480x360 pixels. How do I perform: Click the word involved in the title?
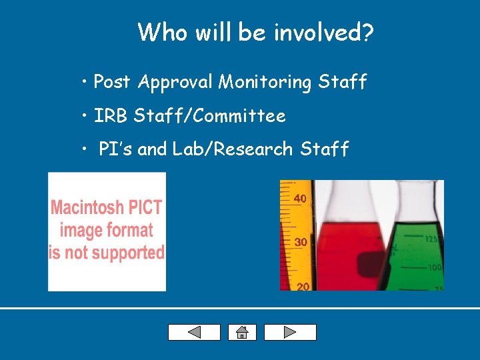[319, 32]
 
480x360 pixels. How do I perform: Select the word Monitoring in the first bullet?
[265, 82]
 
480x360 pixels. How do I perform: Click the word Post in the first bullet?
[112, 82]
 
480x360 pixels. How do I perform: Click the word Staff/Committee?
[209, 116]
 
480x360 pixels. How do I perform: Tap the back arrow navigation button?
[194, 332]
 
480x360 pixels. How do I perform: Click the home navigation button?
[242, 332]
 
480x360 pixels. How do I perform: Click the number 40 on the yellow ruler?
[300, 198]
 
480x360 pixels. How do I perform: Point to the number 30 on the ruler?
[301, 242]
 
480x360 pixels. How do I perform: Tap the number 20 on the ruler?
[303, 285]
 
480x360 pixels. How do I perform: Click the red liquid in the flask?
[347, 253]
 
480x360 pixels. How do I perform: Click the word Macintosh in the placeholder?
[84, 207]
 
